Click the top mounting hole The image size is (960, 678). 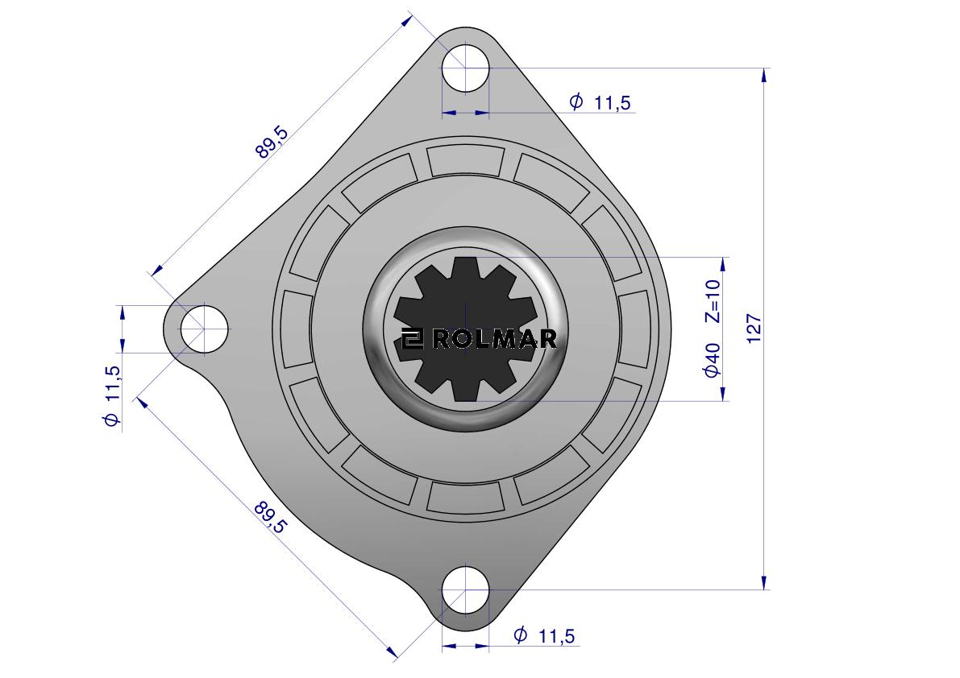[x=466, y=68]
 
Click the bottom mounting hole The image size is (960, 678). [x=465, y=589]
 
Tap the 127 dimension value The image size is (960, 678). [x=754, y=329]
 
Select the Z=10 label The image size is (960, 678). [x=713, y=300]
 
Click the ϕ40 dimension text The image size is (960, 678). [x=712, y=360]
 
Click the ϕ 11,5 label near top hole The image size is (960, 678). [x=600, y=102]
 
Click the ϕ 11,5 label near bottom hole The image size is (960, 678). [x=545, y=636]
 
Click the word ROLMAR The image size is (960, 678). [x=494, y=340]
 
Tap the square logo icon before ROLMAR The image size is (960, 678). [x=413, y=340]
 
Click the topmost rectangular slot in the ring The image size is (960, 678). [x=466, y=159]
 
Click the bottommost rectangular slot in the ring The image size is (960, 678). [x=466, y=496]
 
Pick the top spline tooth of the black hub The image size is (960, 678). [x=465, y=269]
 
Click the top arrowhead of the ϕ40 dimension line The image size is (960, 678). [x=725, y=265]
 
